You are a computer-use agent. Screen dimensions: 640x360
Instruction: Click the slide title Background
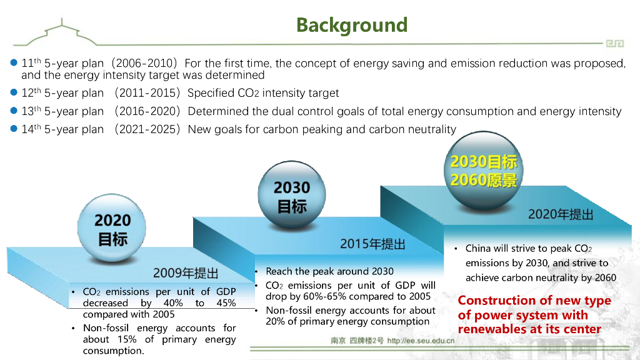point(352,25)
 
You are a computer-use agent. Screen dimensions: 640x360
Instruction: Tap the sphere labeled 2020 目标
point(112,227)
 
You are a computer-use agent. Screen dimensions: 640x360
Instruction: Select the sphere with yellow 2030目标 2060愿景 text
point(484,171)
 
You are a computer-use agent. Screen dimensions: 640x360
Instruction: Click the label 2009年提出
point(186,273)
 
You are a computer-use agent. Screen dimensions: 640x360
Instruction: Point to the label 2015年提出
point(372,244)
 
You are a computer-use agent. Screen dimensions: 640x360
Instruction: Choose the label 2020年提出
point(561,214)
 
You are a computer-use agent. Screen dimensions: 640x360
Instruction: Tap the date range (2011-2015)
point(146,93)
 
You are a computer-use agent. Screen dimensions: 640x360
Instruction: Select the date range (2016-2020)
point(146,111)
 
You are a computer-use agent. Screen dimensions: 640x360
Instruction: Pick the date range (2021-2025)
point(146,129)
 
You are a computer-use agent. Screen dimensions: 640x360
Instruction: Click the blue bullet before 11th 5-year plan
point(14,62)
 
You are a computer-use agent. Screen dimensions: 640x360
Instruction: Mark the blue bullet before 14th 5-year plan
point(14,129)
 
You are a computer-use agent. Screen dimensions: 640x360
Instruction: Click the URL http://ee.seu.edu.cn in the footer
point(421,341)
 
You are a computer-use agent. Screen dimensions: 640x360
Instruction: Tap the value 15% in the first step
point(127,339)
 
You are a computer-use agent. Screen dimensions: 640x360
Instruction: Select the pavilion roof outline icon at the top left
point(61,32)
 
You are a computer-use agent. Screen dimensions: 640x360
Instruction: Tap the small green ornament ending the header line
point(615,43)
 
